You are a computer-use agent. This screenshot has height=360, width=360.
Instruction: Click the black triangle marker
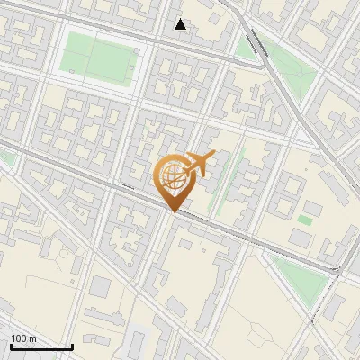[x=181, y=24]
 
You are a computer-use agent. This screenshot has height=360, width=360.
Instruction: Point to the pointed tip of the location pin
[x=171, y=211]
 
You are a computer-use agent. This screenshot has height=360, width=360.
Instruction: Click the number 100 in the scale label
[x=19, y=338]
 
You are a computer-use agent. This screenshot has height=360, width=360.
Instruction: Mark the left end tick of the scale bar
[x=9, y=346]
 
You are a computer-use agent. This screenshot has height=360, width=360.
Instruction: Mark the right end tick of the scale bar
[x=72, y=346]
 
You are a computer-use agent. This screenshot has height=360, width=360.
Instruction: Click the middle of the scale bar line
[x=40, y=347]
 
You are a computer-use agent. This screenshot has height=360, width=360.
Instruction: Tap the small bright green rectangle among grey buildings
[x=305, y=219]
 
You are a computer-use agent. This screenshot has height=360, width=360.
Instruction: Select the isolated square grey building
[x=100, y=287]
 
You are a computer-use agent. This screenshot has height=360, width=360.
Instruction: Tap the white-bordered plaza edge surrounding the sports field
[x=59, y=54]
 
